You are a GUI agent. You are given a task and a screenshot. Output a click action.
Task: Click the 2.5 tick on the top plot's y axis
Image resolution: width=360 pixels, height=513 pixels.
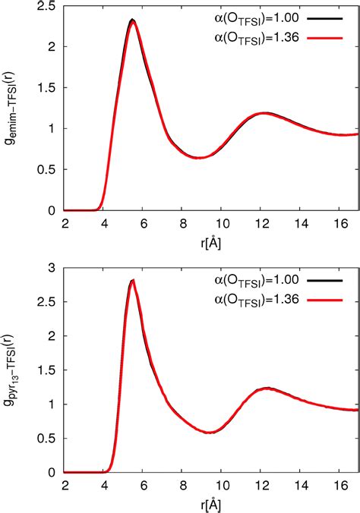(x=51, y=6)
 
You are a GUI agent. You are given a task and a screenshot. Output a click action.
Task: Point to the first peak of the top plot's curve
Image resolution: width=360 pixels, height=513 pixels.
(x=133, y=20)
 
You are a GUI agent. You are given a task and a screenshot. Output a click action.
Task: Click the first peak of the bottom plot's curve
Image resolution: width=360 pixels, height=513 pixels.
(x=133, y=281)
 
